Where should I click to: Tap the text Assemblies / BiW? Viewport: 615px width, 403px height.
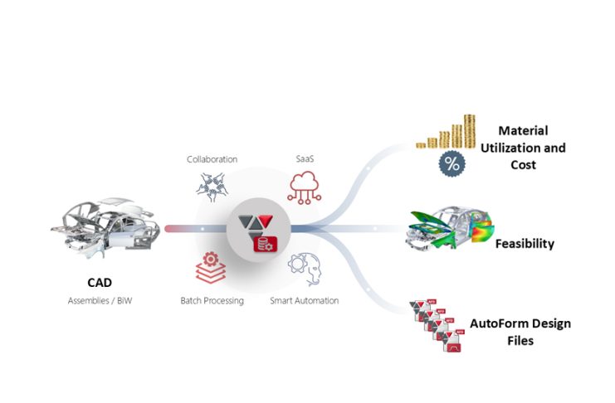(100, 300)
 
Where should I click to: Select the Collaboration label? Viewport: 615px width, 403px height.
(212, 158)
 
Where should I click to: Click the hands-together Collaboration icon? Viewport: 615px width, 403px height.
(212, 187)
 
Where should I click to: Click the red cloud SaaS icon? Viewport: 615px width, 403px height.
(304, 187)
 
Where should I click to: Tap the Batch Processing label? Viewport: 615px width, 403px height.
(212, 300)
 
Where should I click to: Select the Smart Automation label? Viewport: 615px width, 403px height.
(304, 300)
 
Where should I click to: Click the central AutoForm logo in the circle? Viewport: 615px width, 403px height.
(258, 229)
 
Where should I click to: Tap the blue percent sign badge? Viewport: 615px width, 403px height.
(451, 163)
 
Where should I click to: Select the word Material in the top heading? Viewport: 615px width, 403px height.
(523, 131)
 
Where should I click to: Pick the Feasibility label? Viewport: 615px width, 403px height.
(524, 244)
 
